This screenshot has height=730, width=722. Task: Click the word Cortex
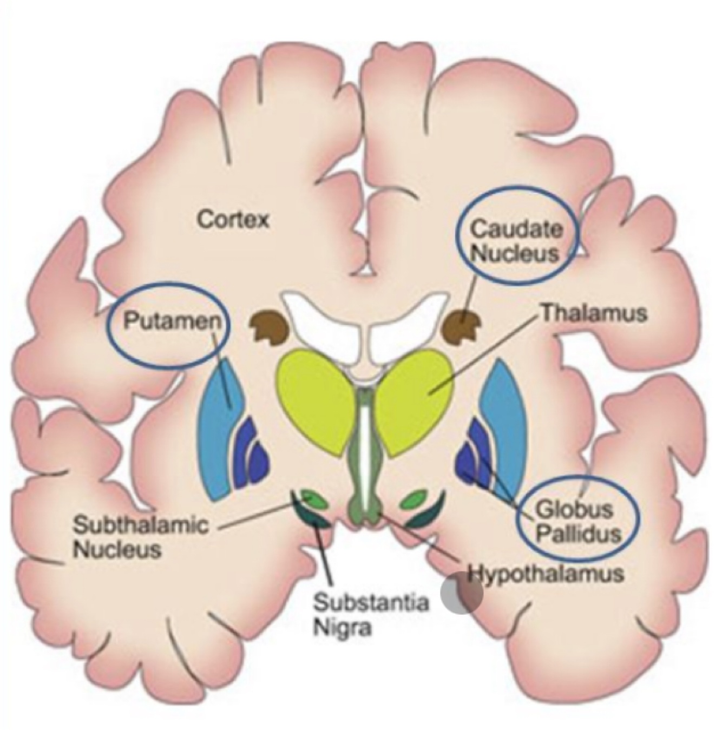pyautogui.click(x=233, y=220)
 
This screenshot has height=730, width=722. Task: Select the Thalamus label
pyautogui.click(x=594, y=313)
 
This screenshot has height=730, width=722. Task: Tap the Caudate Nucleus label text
pyautogui.click(x=516, y=241)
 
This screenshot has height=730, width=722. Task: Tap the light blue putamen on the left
pyautogui.click(x=219, y=433)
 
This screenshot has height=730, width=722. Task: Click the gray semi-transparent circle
pyautogui.click(x=461, y=594)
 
